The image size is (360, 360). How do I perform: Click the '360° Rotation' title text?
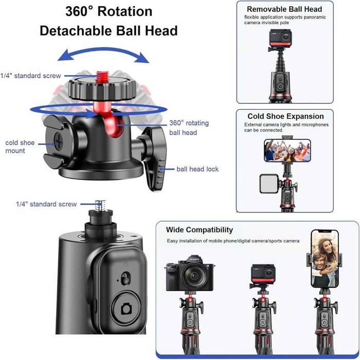coord(109,11)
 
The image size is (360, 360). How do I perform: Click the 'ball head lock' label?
coord(197,169)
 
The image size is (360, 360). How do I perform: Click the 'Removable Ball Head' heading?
coord(284,9)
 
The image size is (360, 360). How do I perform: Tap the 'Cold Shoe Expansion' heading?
coord(285,116)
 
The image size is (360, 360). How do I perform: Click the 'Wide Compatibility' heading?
coord(199,230)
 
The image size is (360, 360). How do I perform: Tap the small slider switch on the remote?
coord(125,279)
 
